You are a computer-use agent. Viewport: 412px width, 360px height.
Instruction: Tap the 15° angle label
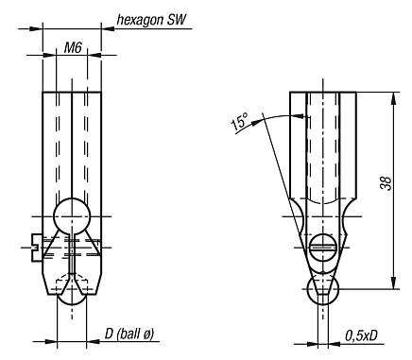click(x=240, y=122)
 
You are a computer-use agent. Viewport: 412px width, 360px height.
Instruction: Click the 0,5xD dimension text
click(x=364, y=335)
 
